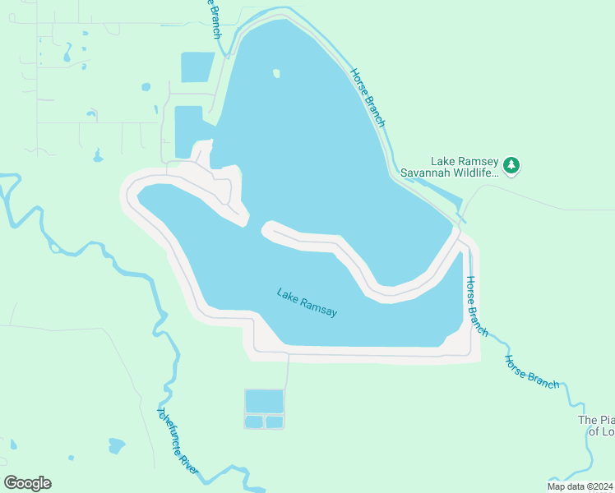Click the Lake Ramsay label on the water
[x=307, y=302]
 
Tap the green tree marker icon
[x=511, y=165]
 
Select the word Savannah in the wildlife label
[x=427, y=173]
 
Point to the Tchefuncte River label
[x=178, y=440]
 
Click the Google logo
[x=27, y=483]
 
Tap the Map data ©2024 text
[x=580, y=486]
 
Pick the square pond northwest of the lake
[x=197, y=67]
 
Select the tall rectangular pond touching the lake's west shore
[x=188, y=131]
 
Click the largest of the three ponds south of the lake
[x=264, y=401]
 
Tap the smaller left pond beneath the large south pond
[x=254, y=422]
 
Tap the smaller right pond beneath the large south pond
[x=275, y=422]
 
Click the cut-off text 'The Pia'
[x=596, y=420]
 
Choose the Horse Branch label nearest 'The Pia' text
[x=532, y=372]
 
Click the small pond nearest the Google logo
[x=116, y=445]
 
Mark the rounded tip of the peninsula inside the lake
[x=267, y=229]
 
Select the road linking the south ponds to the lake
[x=287, y=372]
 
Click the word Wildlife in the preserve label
[x=478, y=173]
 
